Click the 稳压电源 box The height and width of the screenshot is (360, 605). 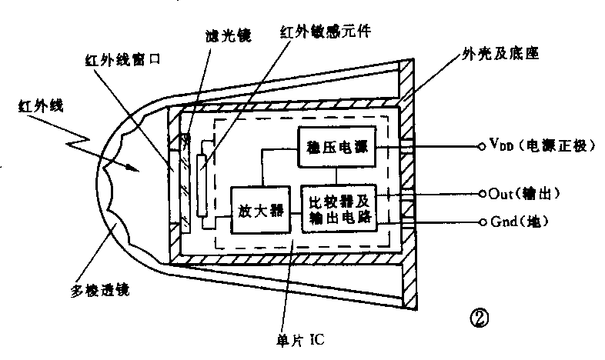point(335,146)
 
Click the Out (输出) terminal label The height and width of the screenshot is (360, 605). point(524,193)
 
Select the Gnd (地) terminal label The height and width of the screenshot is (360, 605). point(518,222)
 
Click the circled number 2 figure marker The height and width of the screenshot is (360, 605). point(482,315)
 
